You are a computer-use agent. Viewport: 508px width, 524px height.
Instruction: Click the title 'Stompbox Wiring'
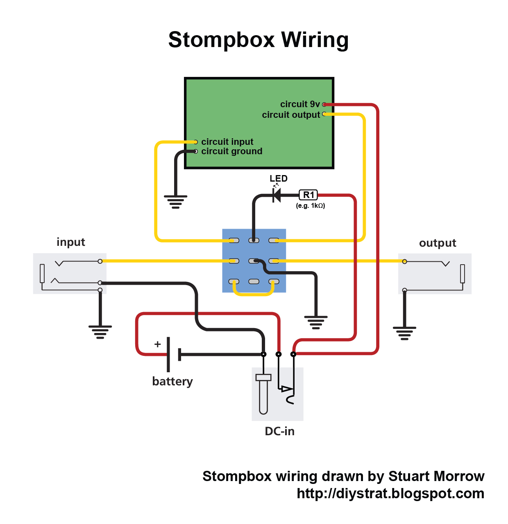tap(258, 40)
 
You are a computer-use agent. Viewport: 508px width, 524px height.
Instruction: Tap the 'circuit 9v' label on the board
tap(299, 104)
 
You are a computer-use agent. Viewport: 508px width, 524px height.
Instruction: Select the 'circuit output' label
tap(290, 115)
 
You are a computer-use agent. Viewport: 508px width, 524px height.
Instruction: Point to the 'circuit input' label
tap(227, 142)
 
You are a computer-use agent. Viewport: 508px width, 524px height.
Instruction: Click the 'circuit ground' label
tap(231, 151)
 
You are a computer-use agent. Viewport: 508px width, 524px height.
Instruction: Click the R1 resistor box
tap(308, 195)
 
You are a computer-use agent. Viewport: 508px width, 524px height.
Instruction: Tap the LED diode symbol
tap(277, 195)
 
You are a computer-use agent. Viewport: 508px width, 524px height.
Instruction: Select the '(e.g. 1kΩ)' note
tap(310, 206)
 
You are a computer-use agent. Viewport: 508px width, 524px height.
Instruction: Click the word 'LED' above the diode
tap(278, 178)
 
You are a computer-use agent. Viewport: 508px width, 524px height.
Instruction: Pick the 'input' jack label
tap(70, 242)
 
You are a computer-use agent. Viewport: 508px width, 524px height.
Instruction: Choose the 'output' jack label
tap(437, 243)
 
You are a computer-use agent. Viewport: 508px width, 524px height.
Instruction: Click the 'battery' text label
tap(172, 381)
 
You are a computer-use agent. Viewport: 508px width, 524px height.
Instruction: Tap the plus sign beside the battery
tap(157, 344)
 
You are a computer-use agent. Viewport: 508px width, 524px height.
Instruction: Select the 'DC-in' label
tap(279, 431)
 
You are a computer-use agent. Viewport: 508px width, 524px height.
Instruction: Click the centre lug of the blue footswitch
tap(254, 261)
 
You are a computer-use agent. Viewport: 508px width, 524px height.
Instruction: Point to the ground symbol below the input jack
tap(100, 332)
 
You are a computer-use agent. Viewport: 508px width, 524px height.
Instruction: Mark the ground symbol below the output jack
tap(404, 333)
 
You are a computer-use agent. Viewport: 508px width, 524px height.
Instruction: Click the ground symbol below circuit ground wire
tap(175, 202)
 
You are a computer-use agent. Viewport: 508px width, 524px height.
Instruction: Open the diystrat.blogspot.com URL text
tap(390, 493)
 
